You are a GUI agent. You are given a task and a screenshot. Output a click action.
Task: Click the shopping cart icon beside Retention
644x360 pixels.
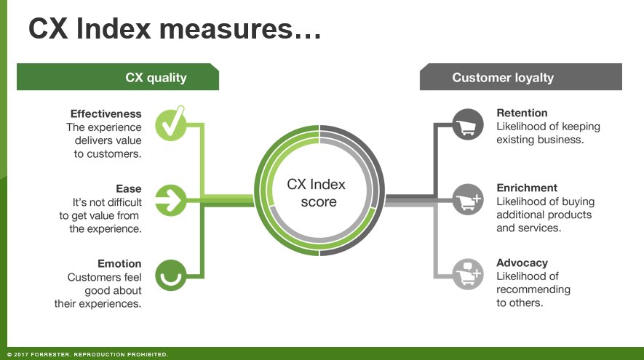coord(467,124)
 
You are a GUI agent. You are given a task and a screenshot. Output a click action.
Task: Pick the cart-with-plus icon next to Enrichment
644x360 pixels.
coord(467,199)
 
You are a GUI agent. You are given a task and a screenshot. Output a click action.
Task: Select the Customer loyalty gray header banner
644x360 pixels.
coord(520,77)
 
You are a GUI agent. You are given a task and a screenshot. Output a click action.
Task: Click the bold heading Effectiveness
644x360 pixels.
coord(106,113)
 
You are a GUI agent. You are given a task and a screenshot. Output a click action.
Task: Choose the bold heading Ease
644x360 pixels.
coord(129,188)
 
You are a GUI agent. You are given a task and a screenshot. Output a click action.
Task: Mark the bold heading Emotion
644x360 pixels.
coord(119,263)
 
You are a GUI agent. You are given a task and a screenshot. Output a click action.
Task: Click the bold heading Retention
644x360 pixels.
coord(522,113)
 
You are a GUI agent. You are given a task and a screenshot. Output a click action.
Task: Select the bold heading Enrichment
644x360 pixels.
coord(527,188)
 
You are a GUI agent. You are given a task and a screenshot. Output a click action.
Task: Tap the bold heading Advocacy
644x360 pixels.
coord(522,263)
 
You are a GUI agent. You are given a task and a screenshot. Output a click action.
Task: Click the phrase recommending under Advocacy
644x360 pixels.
coord(533,289)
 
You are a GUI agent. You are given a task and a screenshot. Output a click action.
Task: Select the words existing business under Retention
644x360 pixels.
coord(540,139)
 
